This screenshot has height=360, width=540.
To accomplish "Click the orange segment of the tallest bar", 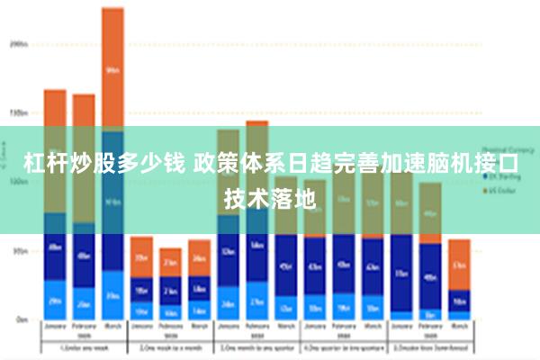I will tap(112, 67).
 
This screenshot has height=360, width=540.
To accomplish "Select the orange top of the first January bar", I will tap(55, 108).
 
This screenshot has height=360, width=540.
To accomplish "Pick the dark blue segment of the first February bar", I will tap(84, 256).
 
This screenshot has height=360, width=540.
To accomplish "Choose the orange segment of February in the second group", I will tap(170, 262).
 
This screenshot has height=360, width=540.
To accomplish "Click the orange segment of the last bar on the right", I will tap(459, 265).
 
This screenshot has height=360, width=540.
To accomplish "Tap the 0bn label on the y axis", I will tap(21, 319).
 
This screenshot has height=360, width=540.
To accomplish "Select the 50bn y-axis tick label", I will tap(19, 251).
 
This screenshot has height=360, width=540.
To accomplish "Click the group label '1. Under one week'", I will tap(84, 348).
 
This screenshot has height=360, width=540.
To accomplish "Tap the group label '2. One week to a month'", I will tap(170, 348).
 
